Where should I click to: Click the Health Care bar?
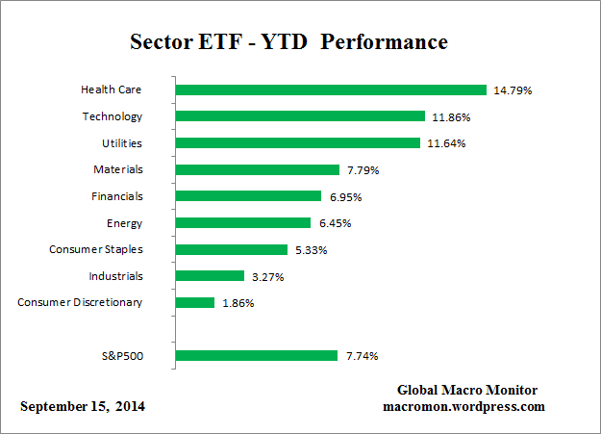[x=331, y=90]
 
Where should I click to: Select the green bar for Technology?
[x=300, y=116]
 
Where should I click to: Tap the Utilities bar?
[x=298, y=143]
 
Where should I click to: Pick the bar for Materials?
[x=258, y=170]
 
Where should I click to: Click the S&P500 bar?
[x=257, y=356]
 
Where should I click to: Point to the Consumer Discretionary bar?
[x=195, y=303]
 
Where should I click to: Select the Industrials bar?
[x=210, y=276]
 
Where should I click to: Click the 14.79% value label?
[x=513, y=90]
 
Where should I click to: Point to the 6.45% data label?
[x=336, y=223]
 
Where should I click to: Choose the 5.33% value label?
[x=313, y=250]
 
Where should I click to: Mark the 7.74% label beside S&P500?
[x=362, y=356]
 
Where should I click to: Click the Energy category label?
[x=124, y=223]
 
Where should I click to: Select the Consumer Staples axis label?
[x=96, y=250]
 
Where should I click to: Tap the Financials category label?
[x=116, y=196]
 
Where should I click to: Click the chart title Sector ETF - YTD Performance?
[x=288, y=43]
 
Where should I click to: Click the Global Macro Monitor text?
[x=467, y=390]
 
